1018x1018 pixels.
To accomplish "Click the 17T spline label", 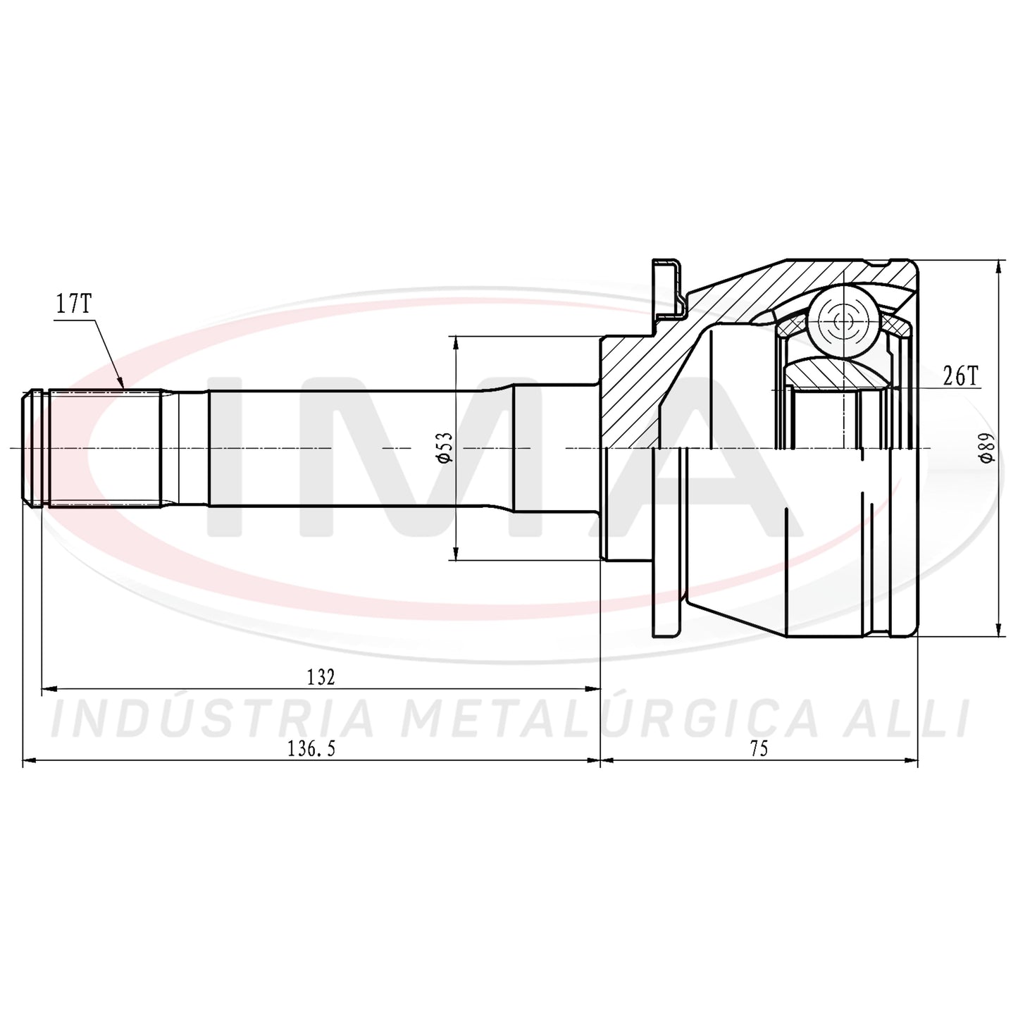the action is tap(74, 306).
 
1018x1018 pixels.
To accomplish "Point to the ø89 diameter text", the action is tap(986, 448).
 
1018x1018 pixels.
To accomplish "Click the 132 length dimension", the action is tap(321, 677).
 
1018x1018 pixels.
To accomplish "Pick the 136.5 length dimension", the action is tap(311, 749).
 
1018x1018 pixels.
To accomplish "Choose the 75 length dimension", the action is tap(759, 749).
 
